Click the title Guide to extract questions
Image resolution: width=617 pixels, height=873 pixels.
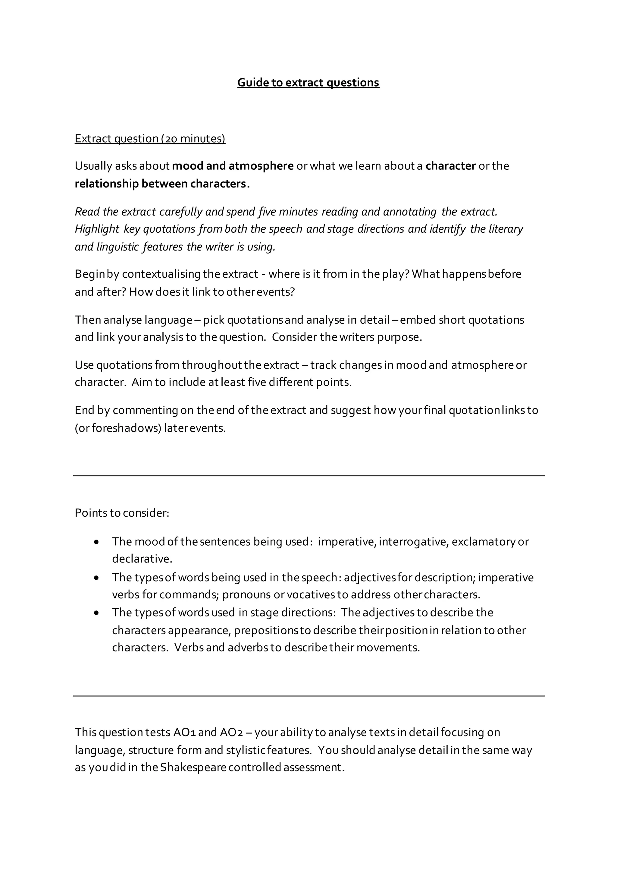point(308,83)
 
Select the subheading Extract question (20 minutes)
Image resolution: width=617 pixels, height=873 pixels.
point(150,138)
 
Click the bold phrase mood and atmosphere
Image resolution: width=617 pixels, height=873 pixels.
point(233,166)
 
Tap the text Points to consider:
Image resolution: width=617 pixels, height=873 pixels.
point(122,513)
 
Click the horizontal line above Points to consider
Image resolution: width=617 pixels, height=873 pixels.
point(308,476)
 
